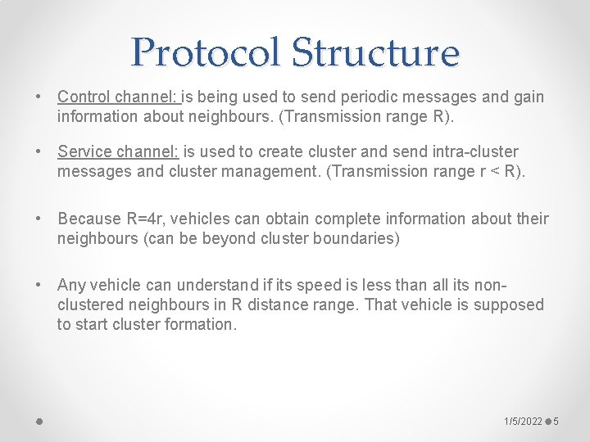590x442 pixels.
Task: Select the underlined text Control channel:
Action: click(119, 97)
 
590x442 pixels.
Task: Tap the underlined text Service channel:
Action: click(118, 151)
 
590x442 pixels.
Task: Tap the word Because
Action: click(88, 219)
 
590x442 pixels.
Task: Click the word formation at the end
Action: click(199, 324)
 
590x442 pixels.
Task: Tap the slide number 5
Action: click(556, 421)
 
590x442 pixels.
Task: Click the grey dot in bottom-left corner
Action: click(39, 422)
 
